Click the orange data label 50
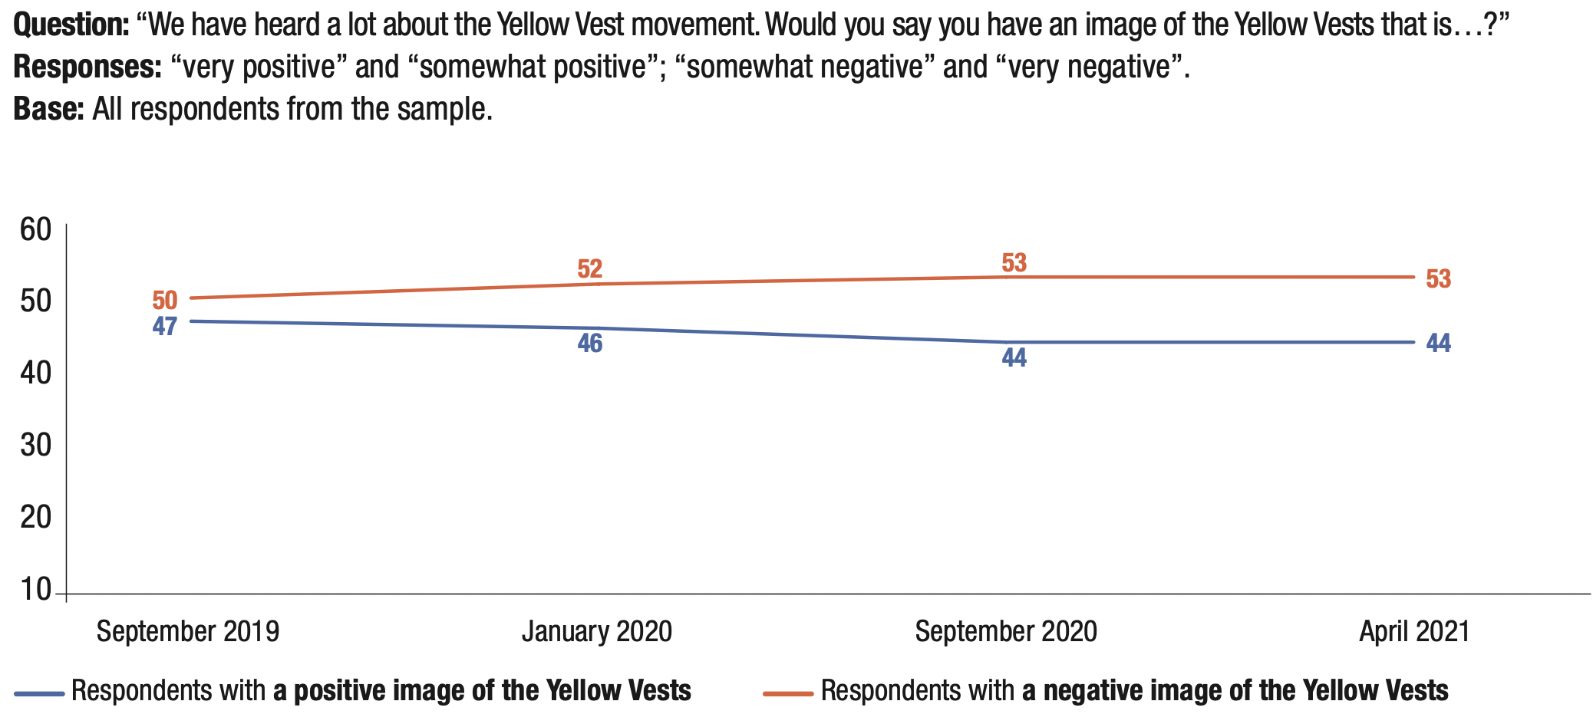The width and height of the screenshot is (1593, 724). (165, 300)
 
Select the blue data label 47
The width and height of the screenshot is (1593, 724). (165, 327)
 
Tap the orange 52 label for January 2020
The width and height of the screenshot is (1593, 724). (589, 269)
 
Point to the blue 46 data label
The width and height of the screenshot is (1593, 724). (589, 343)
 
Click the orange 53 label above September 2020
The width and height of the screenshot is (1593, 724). (1014, 263)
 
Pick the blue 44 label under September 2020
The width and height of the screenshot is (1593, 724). (1014, 357)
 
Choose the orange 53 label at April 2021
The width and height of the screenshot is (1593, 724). (1438, 278)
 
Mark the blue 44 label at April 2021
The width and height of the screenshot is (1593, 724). (1438, 343)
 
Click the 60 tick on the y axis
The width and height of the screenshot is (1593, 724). (36, 230)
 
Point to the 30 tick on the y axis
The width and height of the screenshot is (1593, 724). (36, 445)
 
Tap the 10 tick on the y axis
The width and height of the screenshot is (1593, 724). (36, 589)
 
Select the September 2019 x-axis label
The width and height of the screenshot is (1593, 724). (188, 631)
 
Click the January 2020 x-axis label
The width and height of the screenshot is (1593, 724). (597, 631)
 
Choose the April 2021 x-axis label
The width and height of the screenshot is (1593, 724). (1414, 631)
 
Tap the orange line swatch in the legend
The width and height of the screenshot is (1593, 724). (788, 693)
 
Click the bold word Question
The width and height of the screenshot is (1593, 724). (71, 25)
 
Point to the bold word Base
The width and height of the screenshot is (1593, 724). (48, 110)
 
